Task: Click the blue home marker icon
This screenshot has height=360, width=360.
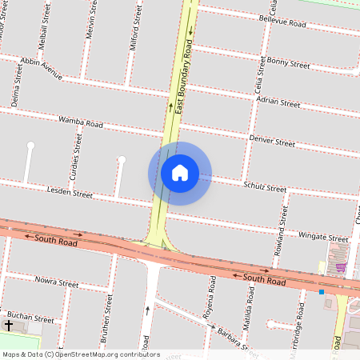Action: (180, 173)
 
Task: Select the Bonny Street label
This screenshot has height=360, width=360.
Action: (288, 62)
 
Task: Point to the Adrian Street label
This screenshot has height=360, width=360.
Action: (278, 102)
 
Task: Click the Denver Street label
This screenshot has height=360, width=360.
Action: (272, 141)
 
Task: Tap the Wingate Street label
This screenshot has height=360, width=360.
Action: (323, 237)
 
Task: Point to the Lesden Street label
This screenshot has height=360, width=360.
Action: (70, 193)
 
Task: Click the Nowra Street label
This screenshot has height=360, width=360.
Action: (57, 282)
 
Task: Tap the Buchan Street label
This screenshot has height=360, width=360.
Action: (33, 318)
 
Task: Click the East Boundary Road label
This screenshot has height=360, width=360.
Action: (184, 76)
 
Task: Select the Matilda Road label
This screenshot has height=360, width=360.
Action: (249, 306)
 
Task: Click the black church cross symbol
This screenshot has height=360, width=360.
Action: (10, 326)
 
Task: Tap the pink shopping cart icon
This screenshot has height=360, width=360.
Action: (341, 267)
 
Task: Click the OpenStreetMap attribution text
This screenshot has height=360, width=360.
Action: (81, 354)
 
